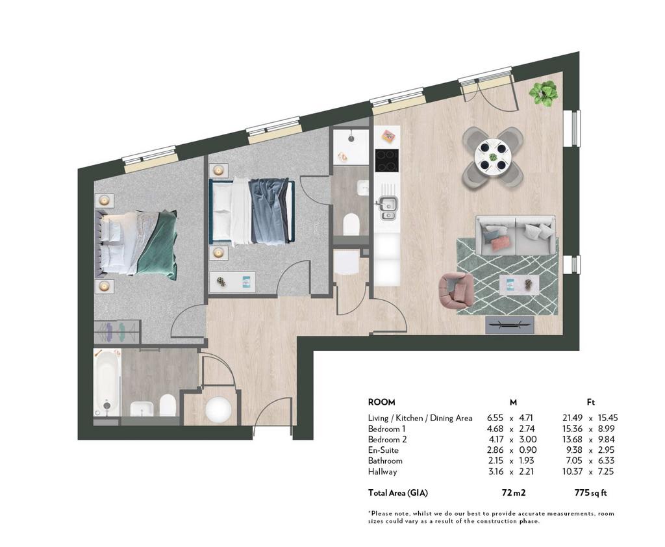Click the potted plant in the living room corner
(543, 94)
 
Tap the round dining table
(493, 157)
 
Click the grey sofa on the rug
(515, 235)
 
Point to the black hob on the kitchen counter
(387, 160)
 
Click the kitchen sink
(388, 209)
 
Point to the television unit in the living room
(510, 325)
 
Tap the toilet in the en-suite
(351, 224)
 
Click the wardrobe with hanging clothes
(117, 332)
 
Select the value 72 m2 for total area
(514, 492)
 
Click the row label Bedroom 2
(387, 439)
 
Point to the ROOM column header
(381, 402)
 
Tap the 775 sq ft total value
(590, 492)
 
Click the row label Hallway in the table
(383, 472)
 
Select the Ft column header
(590, 402)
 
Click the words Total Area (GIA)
(398, 492)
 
